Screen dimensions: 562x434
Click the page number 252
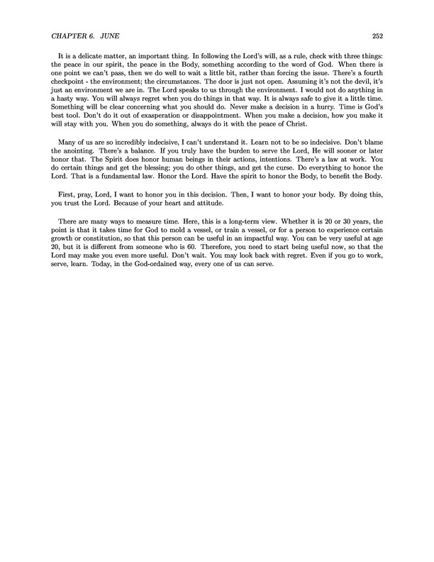(377, 37)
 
